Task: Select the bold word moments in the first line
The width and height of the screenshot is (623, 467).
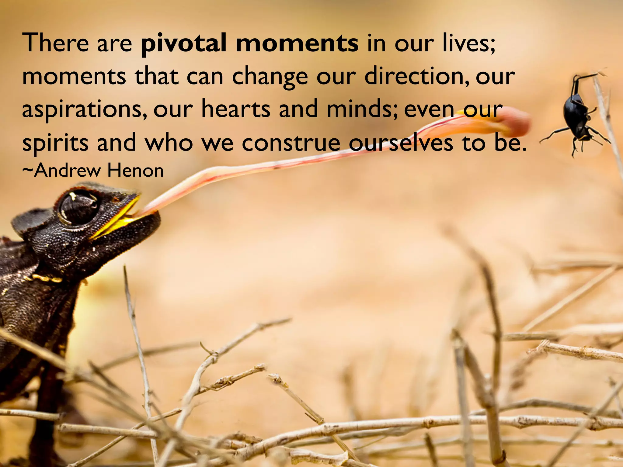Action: click(x=297, y=43)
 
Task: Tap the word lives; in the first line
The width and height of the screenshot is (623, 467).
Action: click(x=468, y=43)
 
